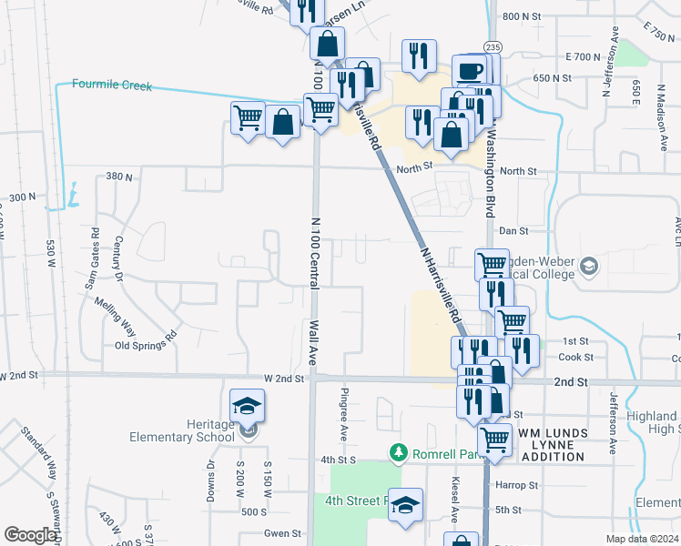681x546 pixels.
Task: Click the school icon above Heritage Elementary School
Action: [248, 405]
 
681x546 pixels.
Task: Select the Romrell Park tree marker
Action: [397, 451]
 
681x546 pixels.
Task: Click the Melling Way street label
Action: [116, 312]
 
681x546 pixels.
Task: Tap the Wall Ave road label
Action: [312, 342]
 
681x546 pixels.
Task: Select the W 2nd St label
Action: [283, 378]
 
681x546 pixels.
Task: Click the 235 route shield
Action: [493, 46]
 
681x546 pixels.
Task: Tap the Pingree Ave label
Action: [344, 407]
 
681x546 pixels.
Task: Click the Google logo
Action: [29, 535]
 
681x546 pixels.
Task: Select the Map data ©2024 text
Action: [641, 539]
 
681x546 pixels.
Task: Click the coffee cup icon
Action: [470, 71]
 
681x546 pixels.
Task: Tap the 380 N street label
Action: [119, 176]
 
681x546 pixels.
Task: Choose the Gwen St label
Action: [282, 533]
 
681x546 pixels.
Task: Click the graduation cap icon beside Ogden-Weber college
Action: [589, 267]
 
